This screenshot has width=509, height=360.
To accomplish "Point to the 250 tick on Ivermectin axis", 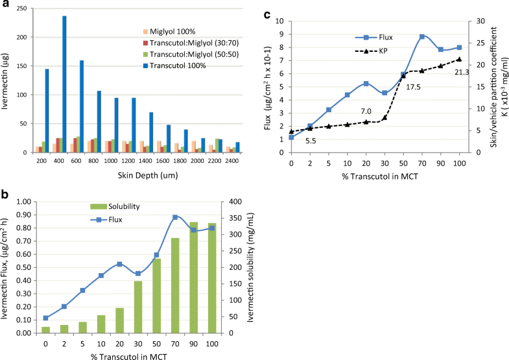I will [24, 8].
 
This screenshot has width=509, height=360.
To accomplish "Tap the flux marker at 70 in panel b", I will [175, 217].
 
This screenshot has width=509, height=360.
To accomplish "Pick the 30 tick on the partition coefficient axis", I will [475, 21].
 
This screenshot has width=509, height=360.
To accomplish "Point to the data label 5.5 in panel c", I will [311, 140].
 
